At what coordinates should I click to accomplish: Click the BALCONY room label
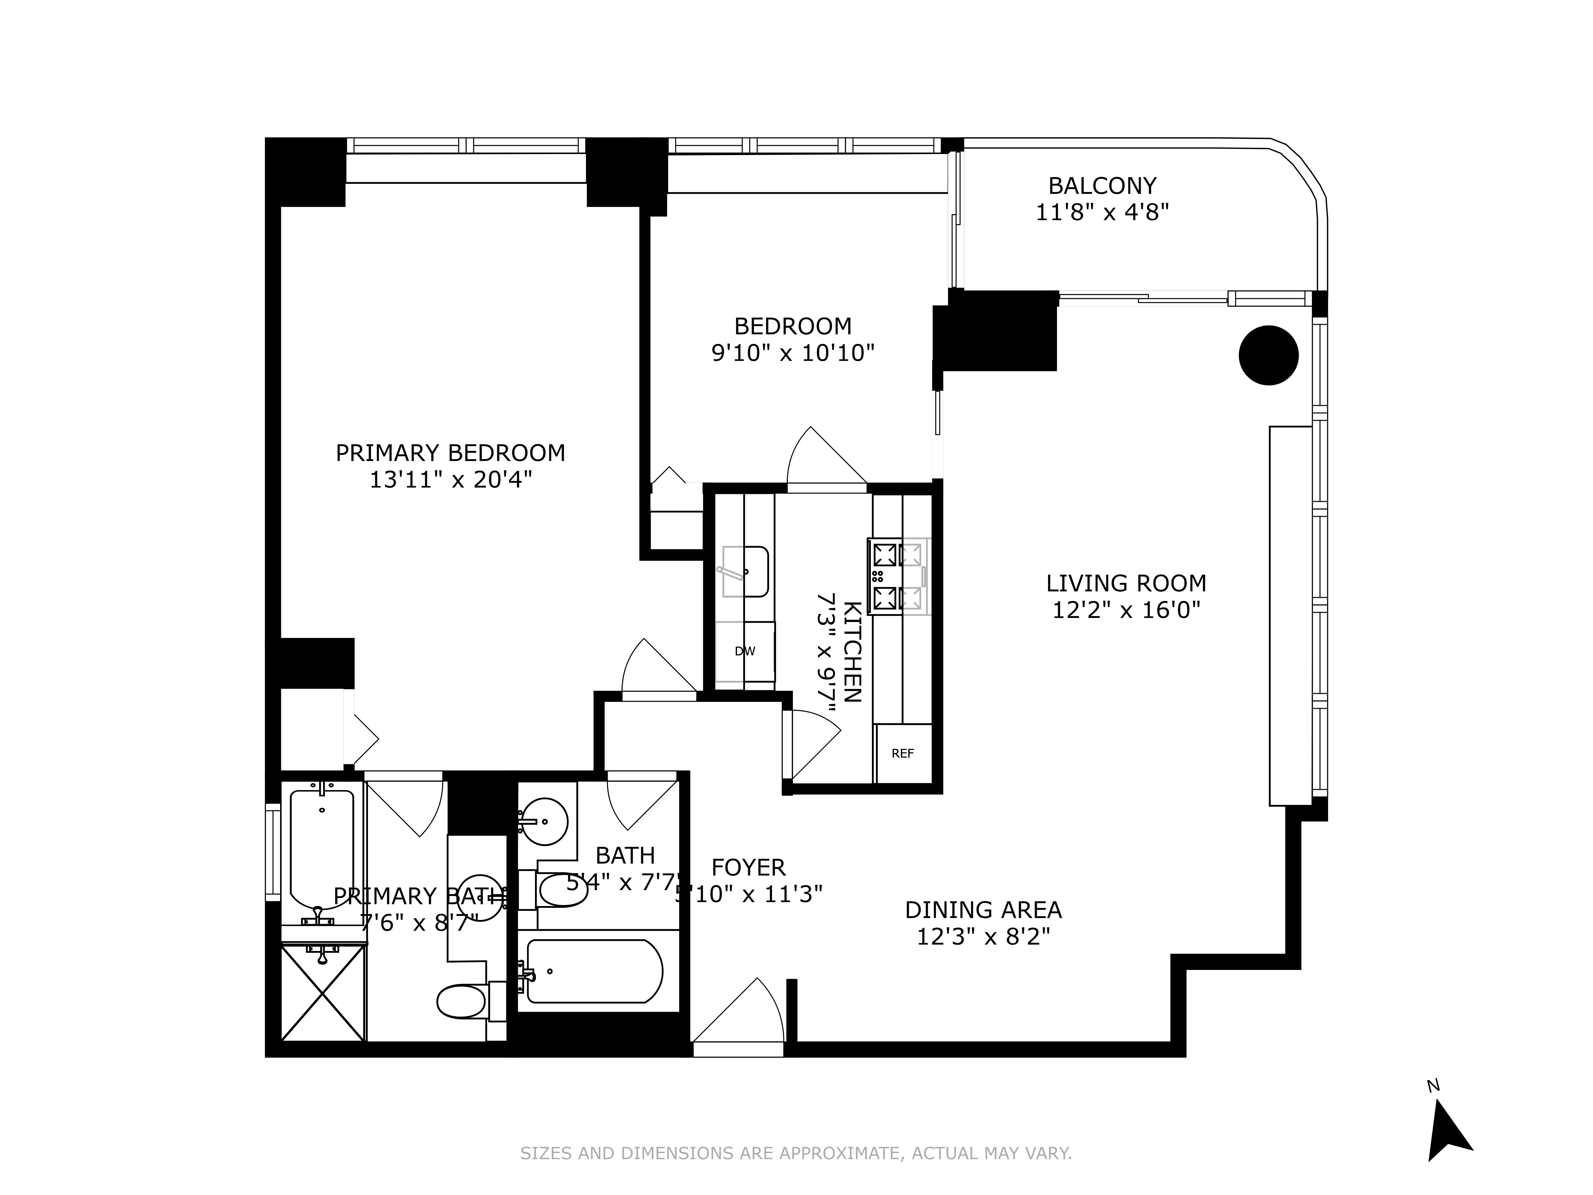click(1102, 186)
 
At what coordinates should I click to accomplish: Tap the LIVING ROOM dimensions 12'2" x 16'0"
click(1126, 610)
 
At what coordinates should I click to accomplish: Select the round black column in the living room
click(1268, 355)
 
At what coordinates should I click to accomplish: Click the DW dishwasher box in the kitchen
click(745, 651)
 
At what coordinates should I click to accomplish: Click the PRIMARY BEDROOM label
click(450, 453)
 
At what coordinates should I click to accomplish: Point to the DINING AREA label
click(983, 910)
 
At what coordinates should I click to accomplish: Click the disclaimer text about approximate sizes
click(796, 1173)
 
